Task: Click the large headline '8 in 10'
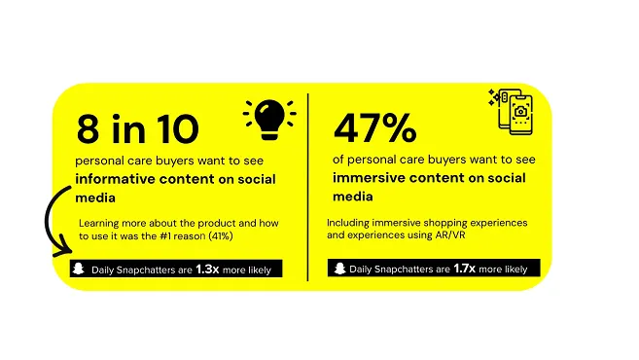click(x=137, y=129)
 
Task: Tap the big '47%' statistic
click(x=374, y=128)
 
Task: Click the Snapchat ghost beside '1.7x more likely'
click(x=337, y=268)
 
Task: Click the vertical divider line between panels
click(x=308, y=185)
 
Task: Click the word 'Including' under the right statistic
click(x=349, y=223)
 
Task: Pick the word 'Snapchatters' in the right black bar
click(x=408, y=269)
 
